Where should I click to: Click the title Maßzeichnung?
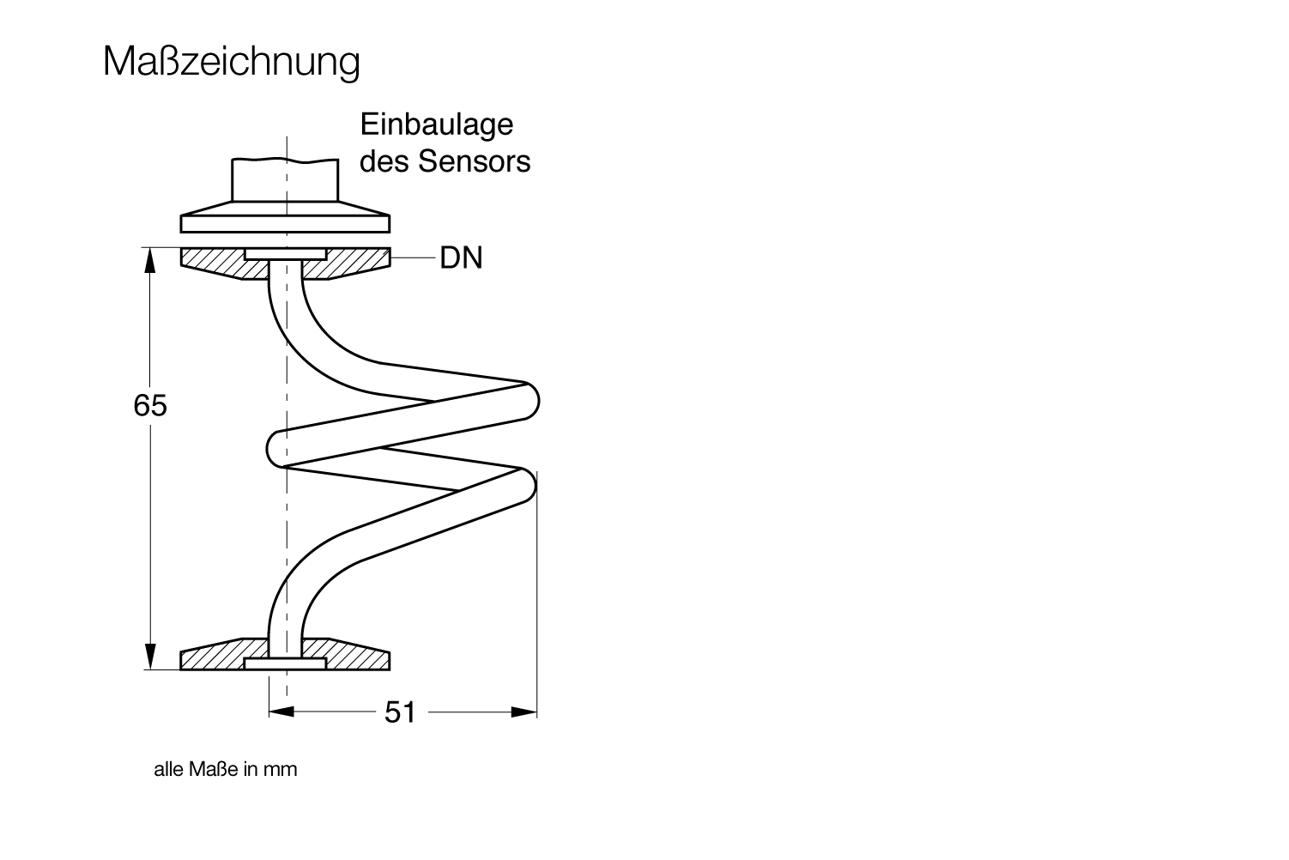pyautogui.click(x=231, y=62)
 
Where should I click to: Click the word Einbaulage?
pyautogui.click(x=436, y=124)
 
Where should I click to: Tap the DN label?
pyautogui.click(x=461, y=257)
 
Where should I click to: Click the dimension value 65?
pyautogui.click(x=150, y=405)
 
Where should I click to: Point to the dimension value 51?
pyautogui.click(x=400, y=712)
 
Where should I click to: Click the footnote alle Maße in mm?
pyautogui.click(x=225, y=769)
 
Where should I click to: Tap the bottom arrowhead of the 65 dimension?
pyautogui.click(x=150, y=657)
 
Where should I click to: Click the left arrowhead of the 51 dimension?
pyautogui.click(x=281, y=712)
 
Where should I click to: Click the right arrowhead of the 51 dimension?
pyautogui.click(x=525, y=712)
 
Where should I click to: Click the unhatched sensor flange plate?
pyautogui.click(x=285, y=224)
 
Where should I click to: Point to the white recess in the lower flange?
pyautogui.click(x=285, y=663)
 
